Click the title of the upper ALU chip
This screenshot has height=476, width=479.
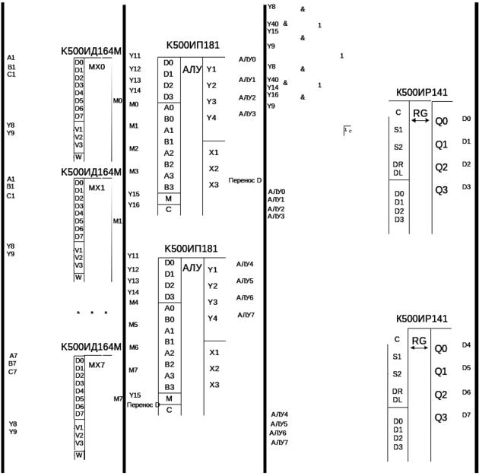[193, 46]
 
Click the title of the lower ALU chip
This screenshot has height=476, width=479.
[193, 249]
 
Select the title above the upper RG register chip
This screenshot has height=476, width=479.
[424, 94]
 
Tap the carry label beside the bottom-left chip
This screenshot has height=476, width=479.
[142, 405]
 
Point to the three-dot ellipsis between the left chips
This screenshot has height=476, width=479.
[91, 312]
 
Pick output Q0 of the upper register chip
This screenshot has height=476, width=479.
[441, 121]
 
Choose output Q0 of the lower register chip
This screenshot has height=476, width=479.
[441, 348]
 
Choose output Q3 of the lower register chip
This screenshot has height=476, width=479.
[441, 417]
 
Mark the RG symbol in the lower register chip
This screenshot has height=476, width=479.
[421, 342]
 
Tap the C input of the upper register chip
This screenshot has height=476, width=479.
[398, 112]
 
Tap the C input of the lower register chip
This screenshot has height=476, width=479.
[398, 338]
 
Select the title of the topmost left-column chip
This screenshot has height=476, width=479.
[92, 51]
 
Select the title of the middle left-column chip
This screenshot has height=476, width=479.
[92, 172]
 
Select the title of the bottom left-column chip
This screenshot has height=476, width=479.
[92, 347]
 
